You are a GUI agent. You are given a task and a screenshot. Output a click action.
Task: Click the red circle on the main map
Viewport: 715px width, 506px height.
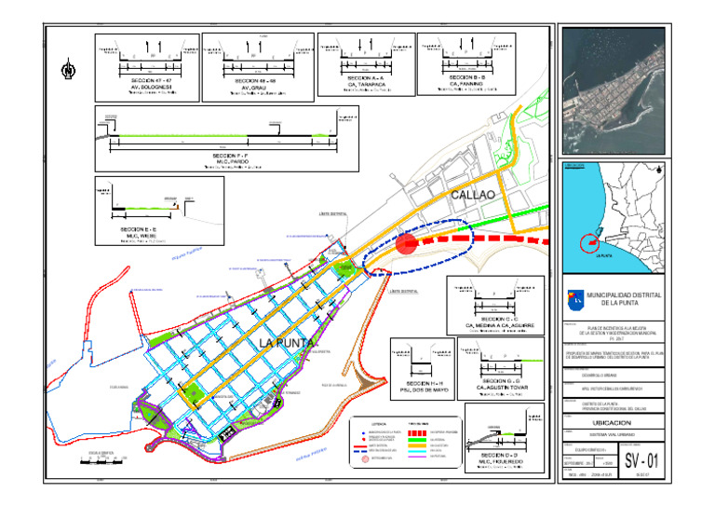coord(406,244)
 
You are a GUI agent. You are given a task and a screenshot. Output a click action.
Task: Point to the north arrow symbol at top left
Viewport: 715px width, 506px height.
coord(68,68)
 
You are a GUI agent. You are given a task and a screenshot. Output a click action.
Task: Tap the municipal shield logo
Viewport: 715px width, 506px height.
coord(576,298)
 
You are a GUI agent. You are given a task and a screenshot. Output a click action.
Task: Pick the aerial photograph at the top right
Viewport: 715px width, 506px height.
coord(614,90)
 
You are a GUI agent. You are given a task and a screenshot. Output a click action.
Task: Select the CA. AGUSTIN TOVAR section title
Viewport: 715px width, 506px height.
coord(504,388)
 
